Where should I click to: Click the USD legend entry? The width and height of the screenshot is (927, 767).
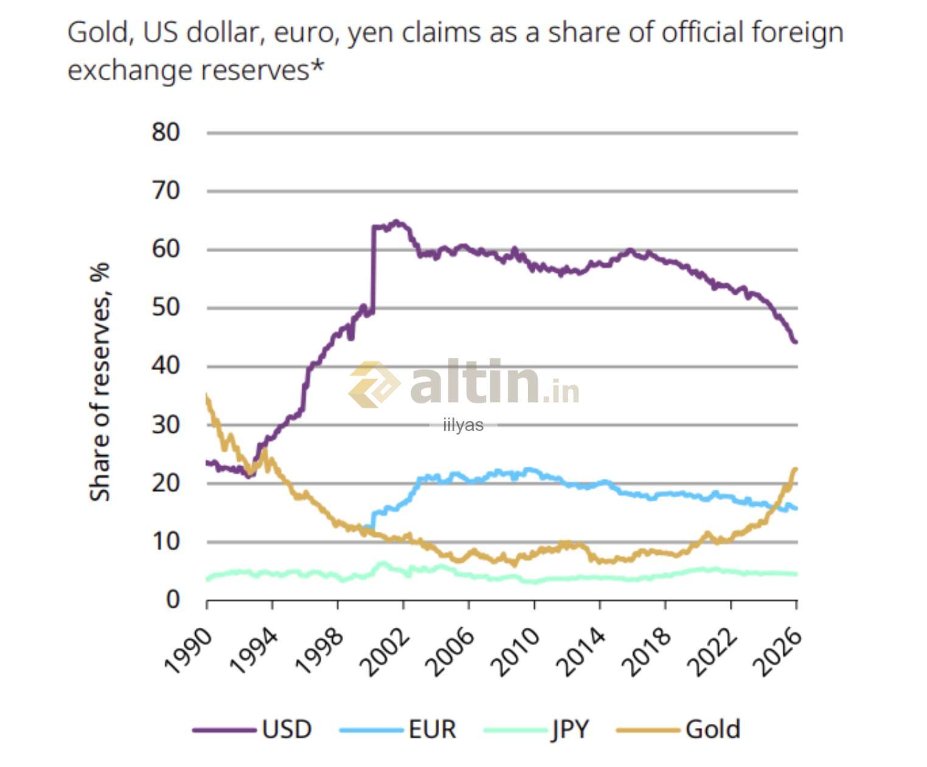[x=286, y=729]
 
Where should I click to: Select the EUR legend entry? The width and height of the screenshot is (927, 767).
[x=432, y=729]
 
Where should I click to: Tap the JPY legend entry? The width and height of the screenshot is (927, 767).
[x=570, y=729]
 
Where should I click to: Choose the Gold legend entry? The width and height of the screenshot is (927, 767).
[x=712, y=729]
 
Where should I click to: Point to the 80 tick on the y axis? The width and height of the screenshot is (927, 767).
[x=166, y=132]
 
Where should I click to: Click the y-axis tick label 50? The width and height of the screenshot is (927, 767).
[x=166, y=307]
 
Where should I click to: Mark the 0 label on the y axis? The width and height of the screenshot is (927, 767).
[x=173, y=599]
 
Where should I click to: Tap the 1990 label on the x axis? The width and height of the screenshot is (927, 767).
[x=189, y=651]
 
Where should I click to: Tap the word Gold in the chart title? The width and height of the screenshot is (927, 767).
[x=99, y=32]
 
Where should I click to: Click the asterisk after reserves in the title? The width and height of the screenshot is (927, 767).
[x=317, y=67]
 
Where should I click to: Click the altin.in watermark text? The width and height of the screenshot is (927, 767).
[x=494, y=383]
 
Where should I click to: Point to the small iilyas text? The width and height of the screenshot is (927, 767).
[x=463, y=425]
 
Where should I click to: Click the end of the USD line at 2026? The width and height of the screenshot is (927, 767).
[x=796, y=342]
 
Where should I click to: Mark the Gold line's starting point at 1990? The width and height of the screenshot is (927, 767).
[x=207, y=396]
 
